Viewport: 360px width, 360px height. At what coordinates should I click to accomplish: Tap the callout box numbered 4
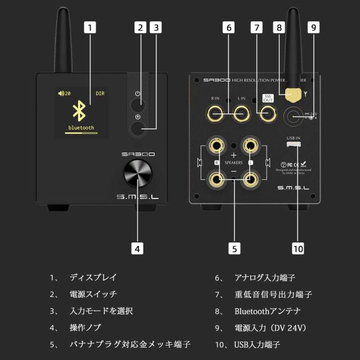[137, 247]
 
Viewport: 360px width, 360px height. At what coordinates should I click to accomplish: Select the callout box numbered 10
[298, 247]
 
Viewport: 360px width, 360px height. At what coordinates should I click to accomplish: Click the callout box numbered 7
[256, 26]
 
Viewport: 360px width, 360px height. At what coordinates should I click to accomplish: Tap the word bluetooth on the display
[80, 128]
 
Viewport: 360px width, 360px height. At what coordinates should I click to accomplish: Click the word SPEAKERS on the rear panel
[233, 163]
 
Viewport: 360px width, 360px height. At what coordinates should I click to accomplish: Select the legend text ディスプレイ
[93, 277]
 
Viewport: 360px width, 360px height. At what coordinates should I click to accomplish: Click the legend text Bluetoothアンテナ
[267, 310]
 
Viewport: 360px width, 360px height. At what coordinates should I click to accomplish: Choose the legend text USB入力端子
[257, 344]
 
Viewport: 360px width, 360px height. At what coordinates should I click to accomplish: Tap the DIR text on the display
[100, 93]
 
